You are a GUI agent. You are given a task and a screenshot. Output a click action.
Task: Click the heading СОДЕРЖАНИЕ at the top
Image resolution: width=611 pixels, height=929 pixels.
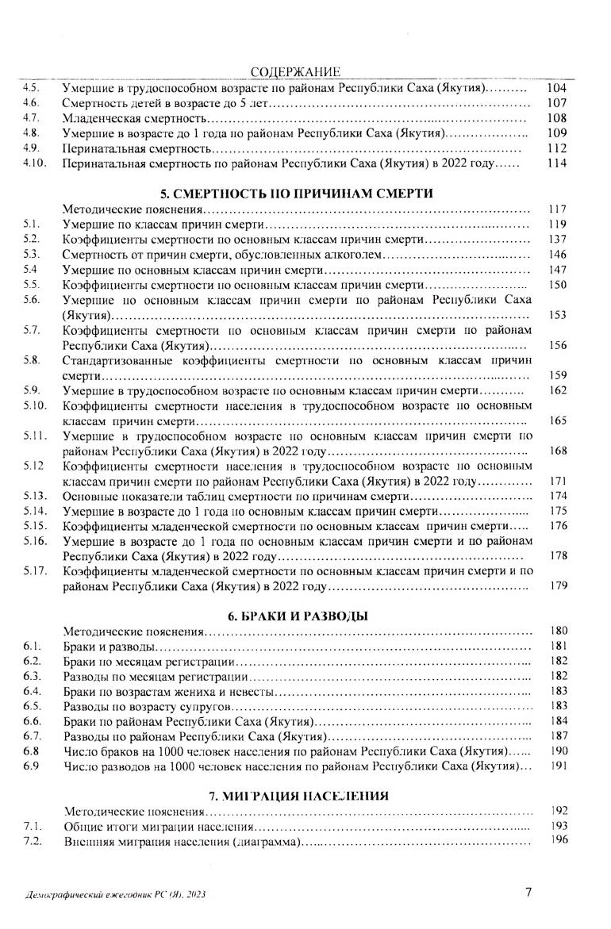tap(295, 73)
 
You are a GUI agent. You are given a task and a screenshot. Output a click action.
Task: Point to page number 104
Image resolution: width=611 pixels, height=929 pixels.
tap(556, 89)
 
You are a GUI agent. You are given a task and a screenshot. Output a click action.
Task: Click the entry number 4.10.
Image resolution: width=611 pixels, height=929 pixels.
tap(36, 163)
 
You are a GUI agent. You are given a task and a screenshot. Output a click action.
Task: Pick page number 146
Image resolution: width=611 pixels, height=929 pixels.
tap(557, 255)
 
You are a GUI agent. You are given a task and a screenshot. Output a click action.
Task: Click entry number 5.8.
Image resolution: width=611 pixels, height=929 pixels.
tap(32, 360)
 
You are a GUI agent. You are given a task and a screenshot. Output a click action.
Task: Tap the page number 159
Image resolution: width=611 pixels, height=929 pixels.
tap(557, 375)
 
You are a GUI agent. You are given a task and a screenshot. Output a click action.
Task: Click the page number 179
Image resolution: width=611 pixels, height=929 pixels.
tap(558, 586)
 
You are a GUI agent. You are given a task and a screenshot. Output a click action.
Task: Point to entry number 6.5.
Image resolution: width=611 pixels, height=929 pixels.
tap(33, 706)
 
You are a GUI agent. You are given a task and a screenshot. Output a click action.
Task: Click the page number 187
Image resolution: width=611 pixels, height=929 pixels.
tap(558, 736)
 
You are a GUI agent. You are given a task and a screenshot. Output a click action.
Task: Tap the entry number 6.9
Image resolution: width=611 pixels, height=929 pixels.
tap(31, 766)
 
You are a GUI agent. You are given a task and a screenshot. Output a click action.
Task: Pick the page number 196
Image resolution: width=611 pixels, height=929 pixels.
tap(559, 842)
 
